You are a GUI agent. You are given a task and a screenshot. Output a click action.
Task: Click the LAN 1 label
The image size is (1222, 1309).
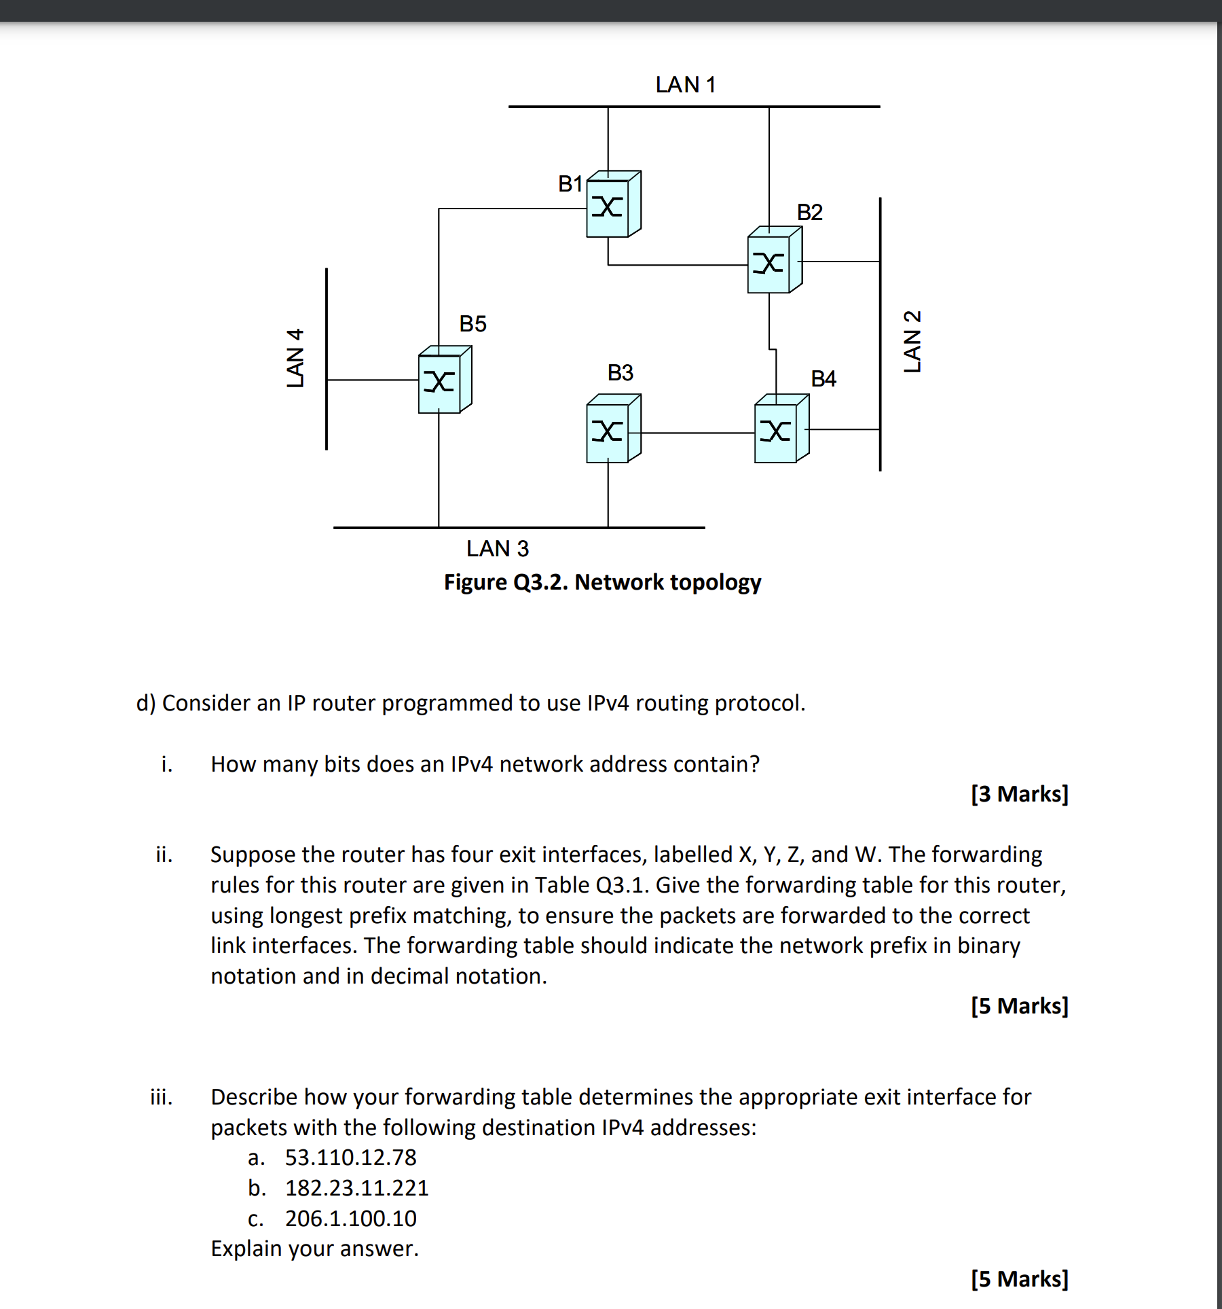click(685, 85)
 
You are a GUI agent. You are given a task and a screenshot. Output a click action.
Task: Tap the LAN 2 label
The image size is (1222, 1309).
click(912, 341)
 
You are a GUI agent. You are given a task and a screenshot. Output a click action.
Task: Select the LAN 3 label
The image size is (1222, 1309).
click(497, 548)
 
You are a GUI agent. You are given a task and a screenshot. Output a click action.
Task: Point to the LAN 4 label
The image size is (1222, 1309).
click(295, 357)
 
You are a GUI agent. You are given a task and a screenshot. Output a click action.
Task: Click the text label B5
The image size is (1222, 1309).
click(473, 323)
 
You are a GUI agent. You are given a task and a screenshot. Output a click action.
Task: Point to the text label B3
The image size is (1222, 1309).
click(620, 372)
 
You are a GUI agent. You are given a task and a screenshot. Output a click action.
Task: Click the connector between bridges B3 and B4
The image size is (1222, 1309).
click(698, 433)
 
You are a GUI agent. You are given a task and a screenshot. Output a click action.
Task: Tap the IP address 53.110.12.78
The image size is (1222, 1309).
click(350, 1157)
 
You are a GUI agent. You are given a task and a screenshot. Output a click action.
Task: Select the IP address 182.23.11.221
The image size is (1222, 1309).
click(356, 1187)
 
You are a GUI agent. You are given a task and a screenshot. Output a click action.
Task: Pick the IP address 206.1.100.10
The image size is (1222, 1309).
click(350, 1218)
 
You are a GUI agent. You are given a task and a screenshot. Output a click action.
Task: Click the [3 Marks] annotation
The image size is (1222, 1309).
click(1019, 793)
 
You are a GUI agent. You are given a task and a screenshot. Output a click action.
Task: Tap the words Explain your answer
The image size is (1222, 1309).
click(314, 1249)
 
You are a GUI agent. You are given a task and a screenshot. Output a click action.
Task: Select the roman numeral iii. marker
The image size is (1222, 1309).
click(161, 1096)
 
